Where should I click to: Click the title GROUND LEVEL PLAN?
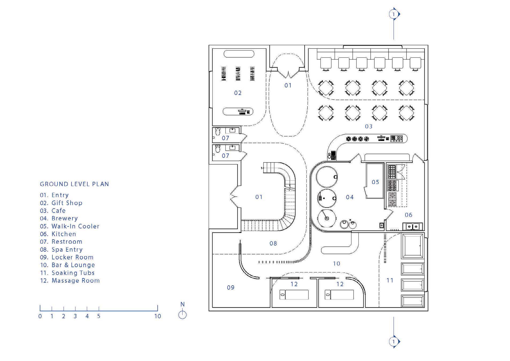74,184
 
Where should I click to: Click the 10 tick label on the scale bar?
158,316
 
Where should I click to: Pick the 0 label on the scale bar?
40,316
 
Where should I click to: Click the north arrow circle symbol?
182,315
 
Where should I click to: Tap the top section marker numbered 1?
393,14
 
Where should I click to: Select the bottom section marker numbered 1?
393,341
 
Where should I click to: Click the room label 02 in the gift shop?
238,93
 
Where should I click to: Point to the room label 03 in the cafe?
369,126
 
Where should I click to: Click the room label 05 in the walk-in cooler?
375,182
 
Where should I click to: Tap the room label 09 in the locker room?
231,287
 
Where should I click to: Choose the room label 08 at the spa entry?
273,243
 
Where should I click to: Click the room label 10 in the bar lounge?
336,264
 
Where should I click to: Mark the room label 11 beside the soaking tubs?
390,280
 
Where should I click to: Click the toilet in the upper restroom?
218,131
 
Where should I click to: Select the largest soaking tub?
413,246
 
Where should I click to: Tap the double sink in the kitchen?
412,226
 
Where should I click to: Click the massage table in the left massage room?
294,295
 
